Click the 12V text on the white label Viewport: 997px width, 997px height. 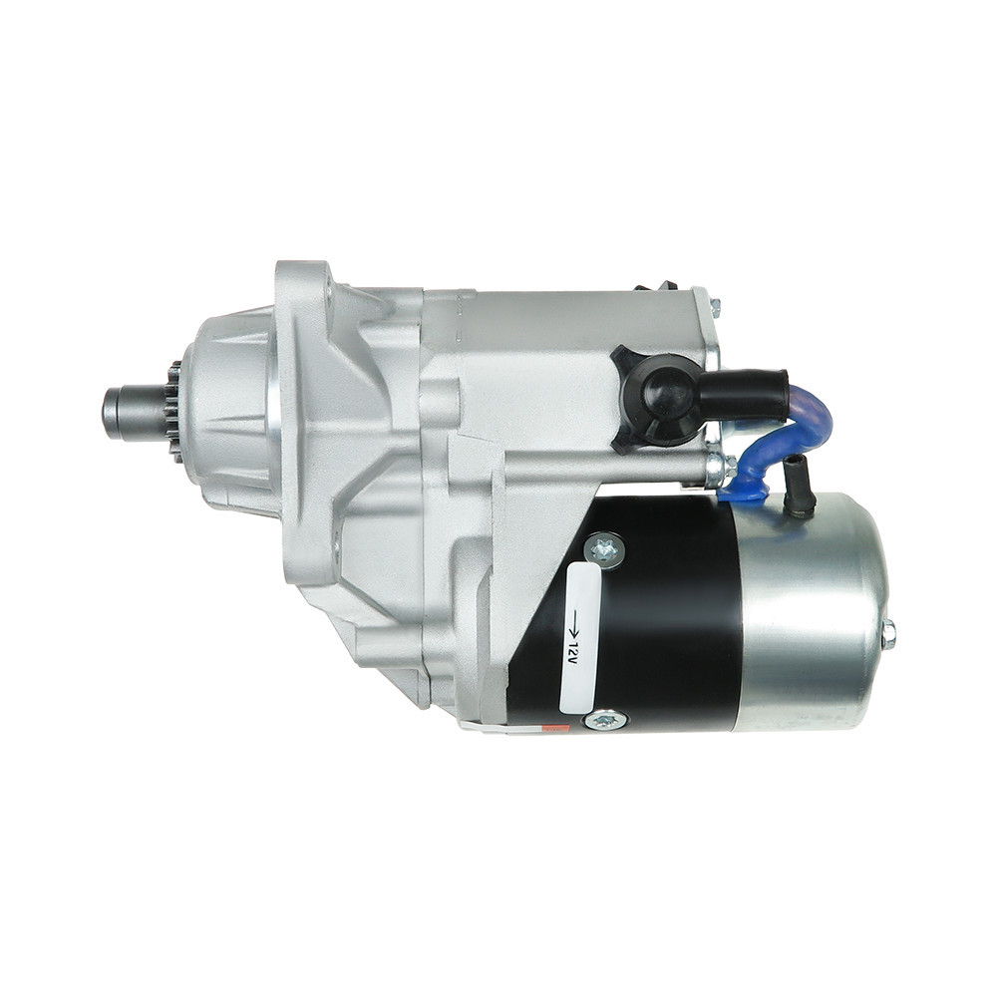pyautogui.click(x=574, y=652)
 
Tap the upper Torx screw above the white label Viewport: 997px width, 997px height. pyautogui.click(x=604, y=549)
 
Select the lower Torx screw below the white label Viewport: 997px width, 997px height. pyautogui.click(x=603, y=720)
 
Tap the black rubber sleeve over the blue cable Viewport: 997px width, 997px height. pyautogui.click(x=743, y=396)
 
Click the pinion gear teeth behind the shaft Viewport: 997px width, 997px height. pyautogui.click(x=172, y=414)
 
